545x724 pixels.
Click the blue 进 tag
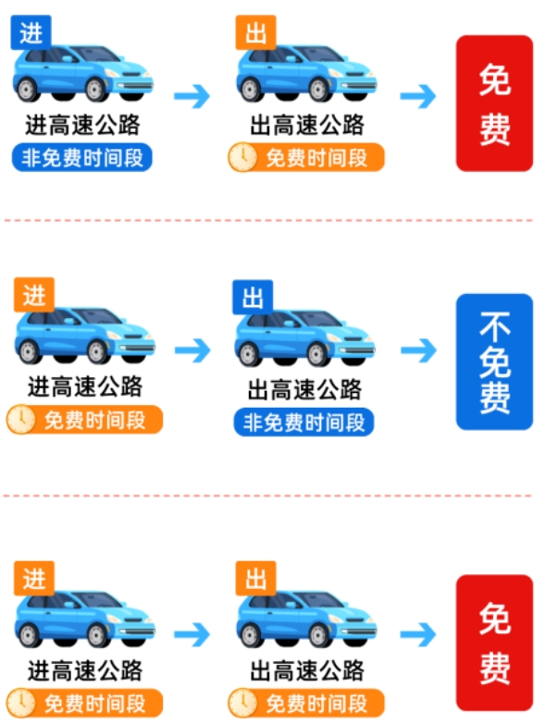tap(31, 32)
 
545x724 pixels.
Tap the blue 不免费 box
tap(494, 362)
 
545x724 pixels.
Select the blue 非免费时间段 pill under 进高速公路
tap(82, 157)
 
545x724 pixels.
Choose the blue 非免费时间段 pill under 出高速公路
tap(303, 423)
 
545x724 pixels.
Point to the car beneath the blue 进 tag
tap(83, 72)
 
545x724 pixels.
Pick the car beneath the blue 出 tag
tap(304, 338)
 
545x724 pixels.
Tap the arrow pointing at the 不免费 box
tap(418, 350)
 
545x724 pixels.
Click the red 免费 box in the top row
tap(494, 103)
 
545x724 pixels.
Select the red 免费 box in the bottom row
tap(494, 642)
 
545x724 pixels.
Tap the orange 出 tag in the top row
tap(256, 33)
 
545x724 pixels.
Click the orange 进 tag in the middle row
tap(33, 296)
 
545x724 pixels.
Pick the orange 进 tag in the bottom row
tap(33, 579)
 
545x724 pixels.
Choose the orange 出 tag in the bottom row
tap(255, 579)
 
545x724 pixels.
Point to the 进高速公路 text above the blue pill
tap(83, 125)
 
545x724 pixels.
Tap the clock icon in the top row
tap(242, 157)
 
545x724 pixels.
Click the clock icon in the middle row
tap(20, 421)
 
